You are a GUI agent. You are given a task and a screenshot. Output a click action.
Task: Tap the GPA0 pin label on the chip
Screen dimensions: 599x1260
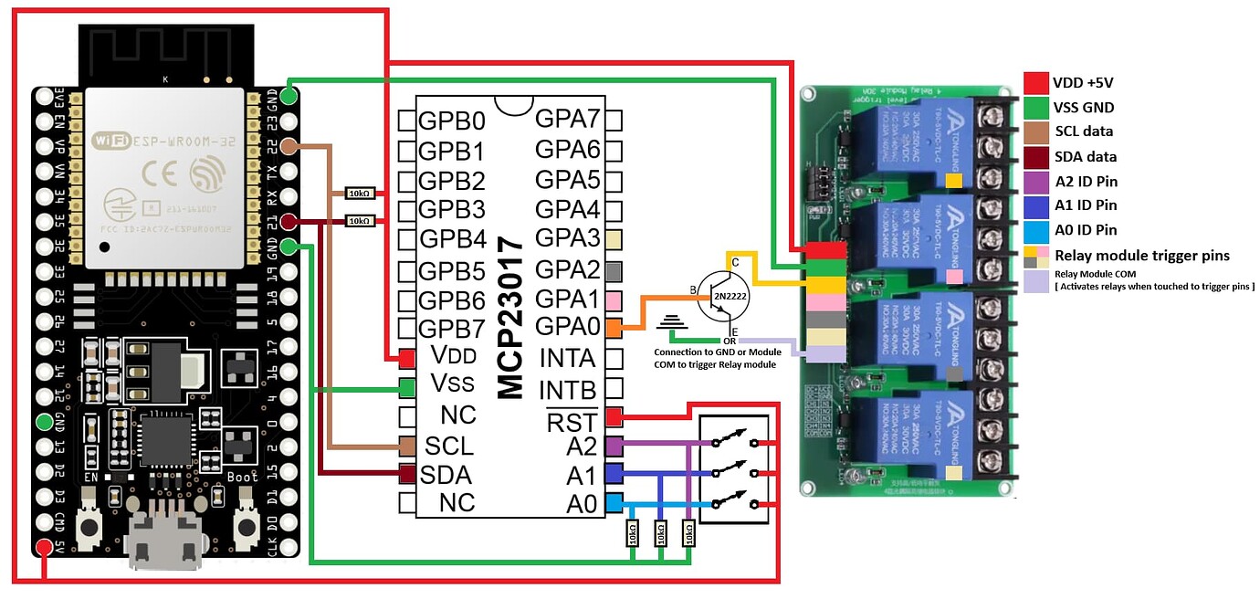click(566, 327)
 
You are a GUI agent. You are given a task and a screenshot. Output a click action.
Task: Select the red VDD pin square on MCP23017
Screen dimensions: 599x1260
click(406, 359)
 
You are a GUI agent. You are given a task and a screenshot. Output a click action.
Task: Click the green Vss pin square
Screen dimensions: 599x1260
click(406, 388)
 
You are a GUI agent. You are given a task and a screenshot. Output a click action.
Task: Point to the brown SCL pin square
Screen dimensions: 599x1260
click(406, 446)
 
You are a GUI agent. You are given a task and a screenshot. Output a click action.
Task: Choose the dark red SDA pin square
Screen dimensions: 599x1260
click(406, 474)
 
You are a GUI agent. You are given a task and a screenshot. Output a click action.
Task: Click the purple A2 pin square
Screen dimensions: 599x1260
click(614, 446)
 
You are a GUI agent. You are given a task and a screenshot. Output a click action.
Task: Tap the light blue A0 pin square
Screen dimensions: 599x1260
click(614, 502)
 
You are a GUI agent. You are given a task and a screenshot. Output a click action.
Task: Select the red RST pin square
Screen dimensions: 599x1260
click(614, 417)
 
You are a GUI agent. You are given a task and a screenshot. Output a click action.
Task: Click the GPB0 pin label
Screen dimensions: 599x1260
click(452, 121)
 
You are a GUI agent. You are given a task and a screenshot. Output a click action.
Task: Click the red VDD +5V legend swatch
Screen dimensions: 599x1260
click(1034, 82)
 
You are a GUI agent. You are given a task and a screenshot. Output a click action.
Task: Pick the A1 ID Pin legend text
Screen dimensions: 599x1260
click(1086, 205)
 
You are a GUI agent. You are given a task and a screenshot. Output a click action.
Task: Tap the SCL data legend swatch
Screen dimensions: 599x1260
click(1034, 131)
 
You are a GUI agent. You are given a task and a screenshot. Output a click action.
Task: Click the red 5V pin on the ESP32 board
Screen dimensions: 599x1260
click(43, 548)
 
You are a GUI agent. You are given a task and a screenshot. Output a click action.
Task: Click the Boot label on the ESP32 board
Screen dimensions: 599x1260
click(243, 477)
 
